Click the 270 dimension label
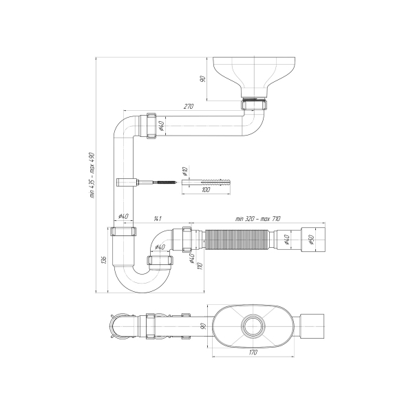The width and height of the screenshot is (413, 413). point(189,106)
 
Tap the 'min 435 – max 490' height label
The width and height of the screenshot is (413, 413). point(92,175)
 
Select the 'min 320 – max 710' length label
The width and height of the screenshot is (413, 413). point(258,219)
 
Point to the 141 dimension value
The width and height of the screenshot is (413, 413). point(158,218)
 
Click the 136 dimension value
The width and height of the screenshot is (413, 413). point(104,260)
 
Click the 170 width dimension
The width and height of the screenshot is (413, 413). point(253,352)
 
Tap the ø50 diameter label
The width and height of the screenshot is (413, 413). point(311,240)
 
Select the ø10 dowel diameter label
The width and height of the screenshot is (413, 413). point(184,171)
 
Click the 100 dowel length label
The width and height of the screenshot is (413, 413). point(206,190)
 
